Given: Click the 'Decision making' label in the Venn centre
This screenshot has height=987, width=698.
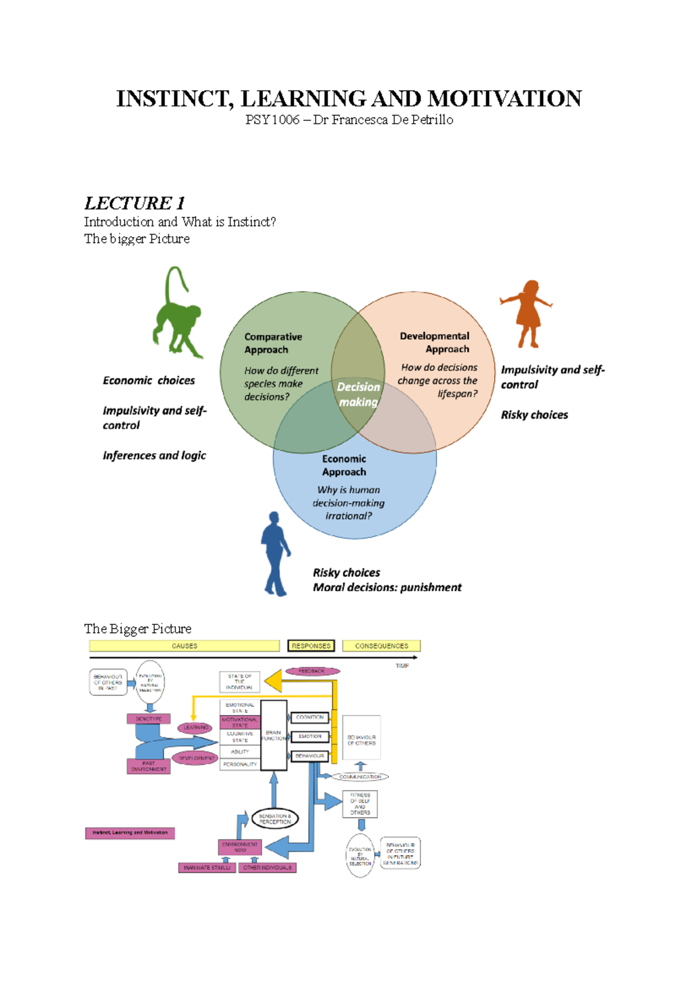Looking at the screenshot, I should click(x=358, y=395).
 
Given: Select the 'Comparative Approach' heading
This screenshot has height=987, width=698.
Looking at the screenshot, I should click(x=273, y=343).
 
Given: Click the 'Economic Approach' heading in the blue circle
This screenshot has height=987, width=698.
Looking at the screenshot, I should click(x=344, y=465).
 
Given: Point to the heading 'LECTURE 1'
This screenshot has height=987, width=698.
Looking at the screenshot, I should click(x=134, y=203).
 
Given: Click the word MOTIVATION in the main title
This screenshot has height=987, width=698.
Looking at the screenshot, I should click(x=504, y=99).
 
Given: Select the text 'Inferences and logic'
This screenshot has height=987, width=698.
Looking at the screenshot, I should click(x=154, y=456).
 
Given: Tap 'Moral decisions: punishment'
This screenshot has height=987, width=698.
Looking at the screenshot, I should click(x=387, y=588).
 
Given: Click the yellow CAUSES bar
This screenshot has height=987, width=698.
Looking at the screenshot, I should click(x=184, y=646).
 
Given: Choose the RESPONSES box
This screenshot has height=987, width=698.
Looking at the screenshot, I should click(x=311, y=646).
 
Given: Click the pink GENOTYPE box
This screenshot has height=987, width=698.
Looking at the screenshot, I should click(x=149, y=719).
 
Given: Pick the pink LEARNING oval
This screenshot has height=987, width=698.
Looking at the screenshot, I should click(x=195, y=727).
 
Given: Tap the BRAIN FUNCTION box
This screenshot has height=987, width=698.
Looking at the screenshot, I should click(x=273, y=735).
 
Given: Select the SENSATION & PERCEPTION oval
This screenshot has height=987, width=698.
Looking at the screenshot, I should click(x=275, y=819).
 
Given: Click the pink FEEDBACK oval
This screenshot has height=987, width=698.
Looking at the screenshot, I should click(x=312, y=671).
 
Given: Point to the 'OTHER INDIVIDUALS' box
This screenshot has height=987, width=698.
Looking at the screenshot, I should click(x=268, y=868).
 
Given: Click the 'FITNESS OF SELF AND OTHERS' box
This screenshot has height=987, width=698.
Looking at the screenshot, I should click(x=360, y=804).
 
